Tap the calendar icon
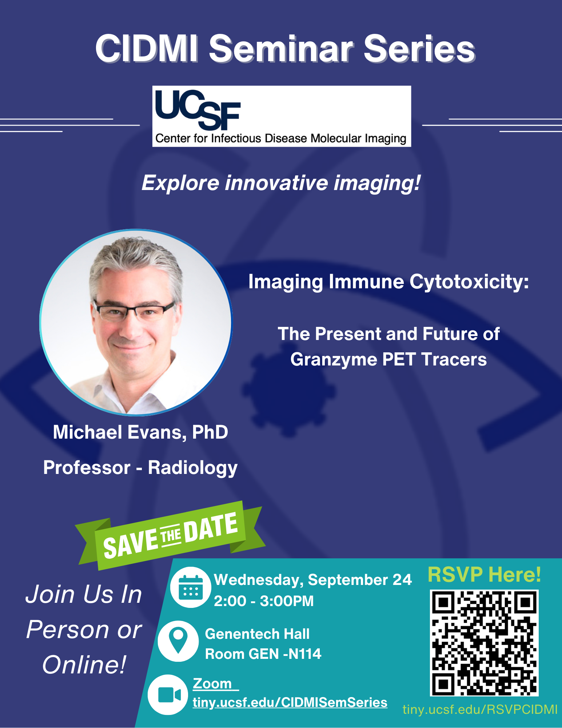pyautogui.click(x=191, y=587)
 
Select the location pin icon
pyautogui.click(x=178, y=641)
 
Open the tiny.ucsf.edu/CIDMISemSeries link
pyautogui.click(x=290, y=703)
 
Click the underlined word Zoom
pyautogui.click(x=212, y=684)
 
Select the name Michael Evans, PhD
pyautogui.click(x=140, y=432)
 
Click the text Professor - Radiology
pyautogui.click(x=140, y=468)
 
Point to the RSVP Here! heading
pyautogui.click(x=484, y=574)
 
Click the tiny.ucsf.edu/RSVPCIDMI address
pyautogui.click(x=480, y=709)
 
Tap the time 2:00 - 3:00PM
pyautogui.click(x=264, y=601)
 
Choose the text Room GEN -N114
pyautogui.click(x=263, y=654)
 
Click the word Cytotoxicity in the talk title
pyautogui.click(x=469, y=282)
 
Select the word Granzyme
pyautogui.click(x=334, y=360)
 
